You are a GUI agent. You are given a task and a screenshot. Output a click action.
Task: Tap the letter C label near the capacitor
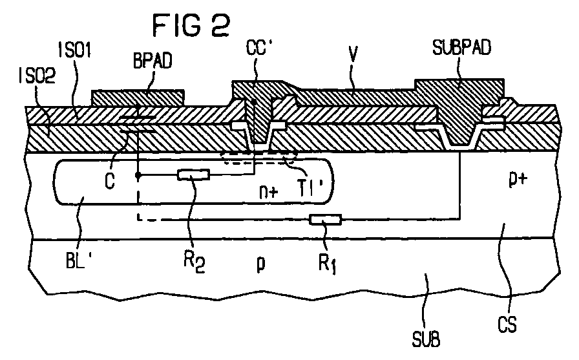112,183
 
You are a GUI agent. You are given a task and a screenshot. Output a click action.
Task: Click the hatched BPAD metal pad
138,98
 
